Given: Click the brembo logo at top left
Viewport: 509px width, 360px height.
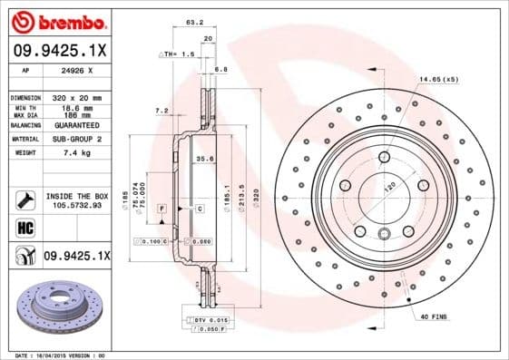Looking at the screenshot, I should click(x=59, y=20).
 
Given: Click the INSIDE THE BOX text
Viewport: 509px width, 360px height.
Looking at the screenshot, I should click(x=77, y=196).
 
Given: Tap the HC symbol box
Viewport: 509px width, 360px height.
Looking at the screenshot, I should click(x=25, y=227).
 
